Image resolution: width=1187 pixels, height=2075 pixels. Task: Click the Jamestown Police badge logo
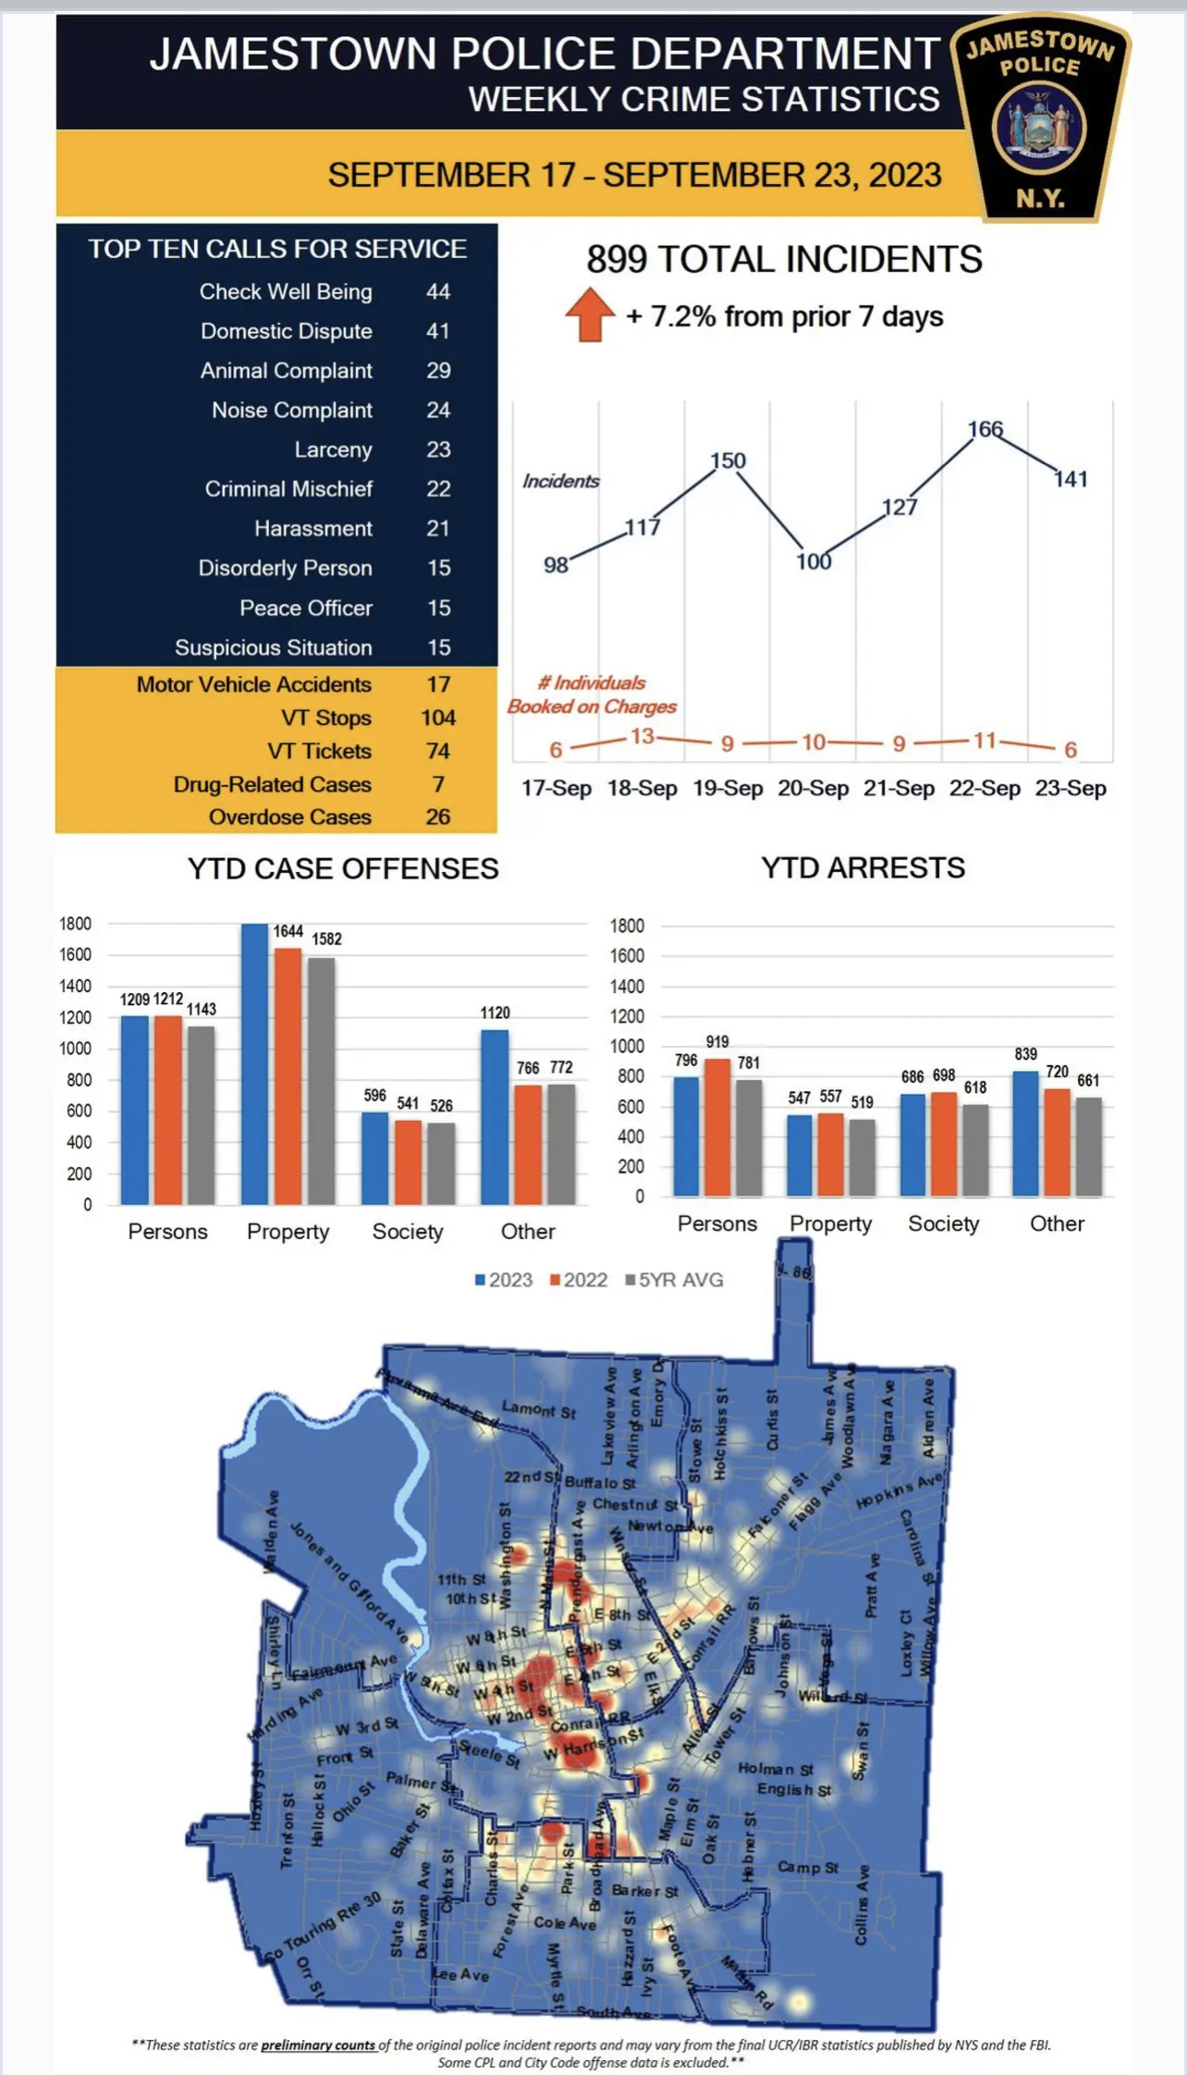(x=1040, y=117)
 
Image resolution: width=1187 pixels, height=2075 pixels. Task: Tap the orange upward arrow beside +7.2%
(x=590, y=314)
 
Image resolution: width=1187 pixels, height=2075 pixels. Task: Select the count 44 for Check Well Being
(x=437, y=292)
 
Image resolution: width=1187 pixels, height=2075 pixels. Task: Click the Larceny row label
(x=333, y=450)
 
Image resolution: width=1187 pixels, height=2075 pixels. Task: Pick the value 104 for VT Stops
(x=437, y=718)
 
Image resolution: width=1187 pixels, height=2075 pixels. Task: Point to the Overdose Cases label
(x=289, y=817)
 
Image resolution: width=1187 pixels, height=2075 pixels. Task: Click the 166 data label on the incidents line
(x=985, y=429)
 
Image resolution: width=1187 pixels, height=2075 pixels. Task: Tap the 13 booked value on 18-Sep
(x=642, y=737)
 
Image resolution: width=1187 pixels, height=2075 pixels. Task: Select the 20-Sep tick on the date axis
(x=813, y=789)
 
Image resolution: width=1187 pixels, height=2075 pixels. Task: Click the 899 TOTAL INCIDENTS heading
(x=783, y=260)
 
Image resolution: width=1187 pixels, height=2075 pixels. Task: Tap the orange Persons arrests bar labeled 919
(x=717, y=1127)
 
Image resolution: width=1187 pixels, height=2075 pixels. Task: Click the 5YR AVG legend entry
(x=675, y=1281)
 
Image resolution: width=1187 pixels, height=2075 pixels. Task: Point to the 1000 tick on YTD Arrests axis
(x=627, y=1047)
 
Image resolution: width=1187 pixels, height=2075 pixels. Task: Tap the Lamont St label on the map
(x=538, y=1410)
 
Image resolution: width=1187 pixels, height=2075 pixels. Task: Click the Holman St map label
(x=775, y=1768)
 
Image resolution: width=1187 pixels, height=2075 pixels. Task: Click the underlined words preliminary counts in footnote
(x=318, y=2044)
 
